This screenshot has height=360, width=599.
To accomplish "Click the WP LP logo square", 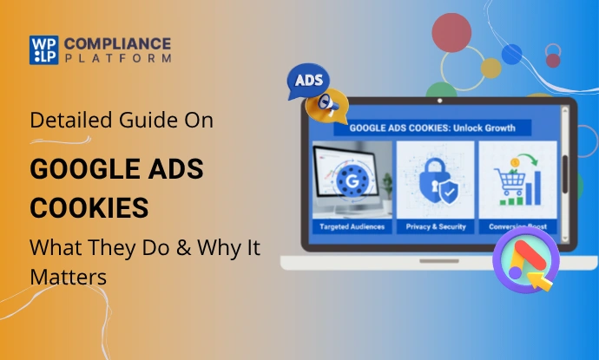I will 43,49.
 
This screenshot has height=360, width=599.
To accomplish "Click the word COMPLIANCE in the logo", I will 117,43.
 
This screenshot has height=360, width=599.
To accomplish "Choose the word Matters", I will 69,278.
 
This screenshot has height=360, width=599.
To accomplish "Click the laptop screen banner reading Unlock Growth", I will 432,127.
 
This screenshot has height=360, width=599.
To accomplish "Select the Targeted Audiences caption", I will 353,226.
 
